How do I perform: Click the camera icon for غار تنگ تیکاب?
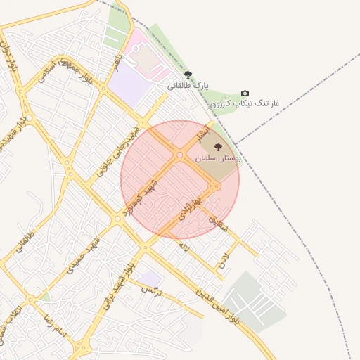(x=245, y=93)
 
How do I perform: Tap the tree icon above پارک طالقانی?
(x=188, y=74)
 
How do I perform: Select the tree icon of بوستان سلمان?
(x=218, y=148)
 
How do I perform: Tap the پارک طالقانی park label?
(x=188, y=85)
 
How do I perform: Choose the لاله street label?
(x=184, y=247)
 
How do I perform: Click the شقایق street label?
(x=219, y=223)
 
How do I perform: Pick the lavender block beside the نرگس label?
(x=150, y=278)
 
